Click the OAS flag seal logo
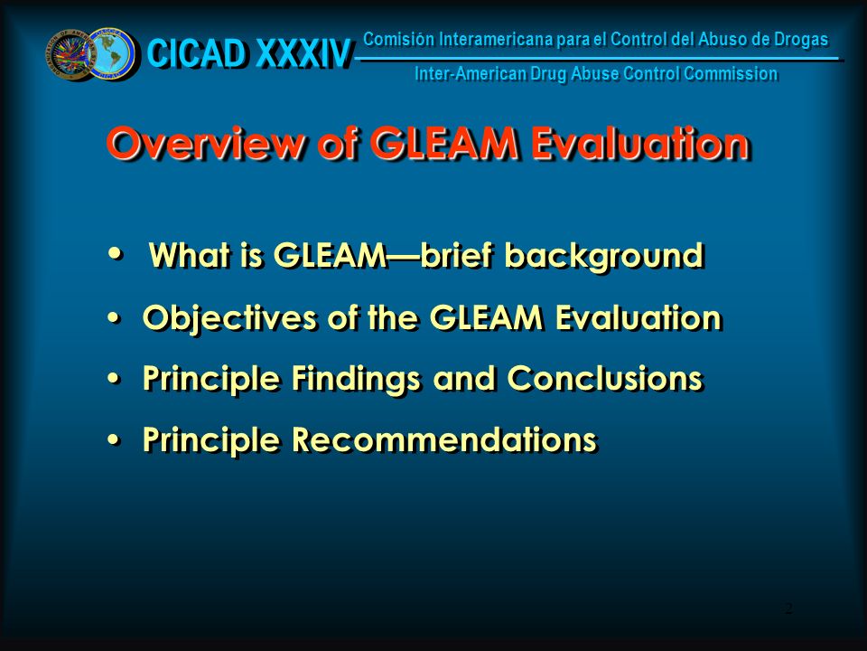(70, 55)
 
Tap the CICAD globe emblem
(112, 53)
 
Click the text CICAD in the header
(197, 53)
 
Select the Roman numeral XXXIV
(303, 53)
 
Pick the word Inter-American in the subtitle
(470, 73)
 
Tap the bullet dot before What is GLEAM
(115, 253)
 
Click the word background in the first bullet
(604, 257)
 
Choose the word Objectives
(229, 319)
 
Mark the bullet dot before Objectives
(114, 317)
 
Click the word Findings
(356, 380)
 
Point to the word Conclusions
(605, 379)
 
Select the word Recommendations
(444, 439)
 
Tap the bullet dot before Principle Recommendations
(114, 439)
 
